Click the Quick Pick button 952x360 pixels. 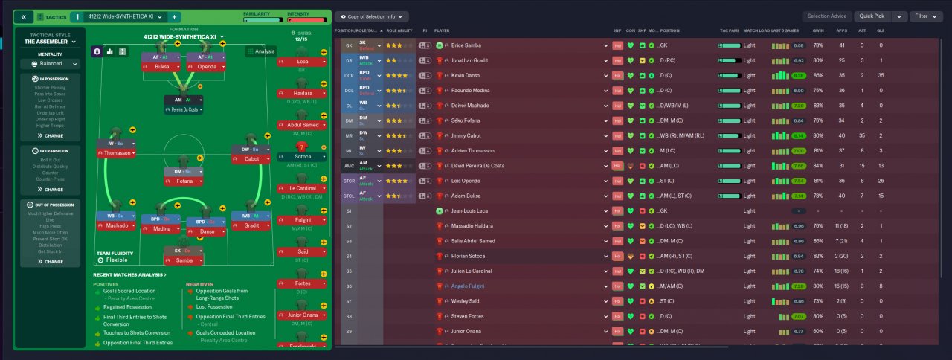pyautogui.click(x=871, y=16)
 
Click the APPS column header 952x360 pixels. pyautogui.click(x=841, y=30)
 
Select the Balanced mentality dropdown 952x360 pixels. pyautogui.click(x=50, y=64)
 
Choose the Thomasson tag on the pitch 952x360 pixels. pyautogui.click(x=116, y=153)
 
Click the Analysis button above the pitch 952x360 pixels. pyautogui.click(x=260, y=51)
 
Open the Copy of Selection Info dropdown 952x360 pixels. pyautogui.click(x=372, y=16)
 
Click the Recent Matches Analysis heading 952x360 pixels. pyautogui.click(x=129, y=275)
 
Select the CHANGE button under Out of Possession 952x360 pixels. pyautogui.click(x=50, y=262)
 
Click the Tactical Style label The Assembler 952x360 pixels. pyautogui.click(x=50, y=42)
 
